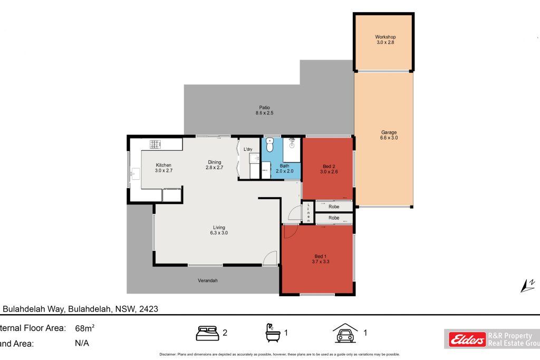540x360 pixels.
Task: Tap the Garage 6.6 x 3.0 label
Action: tap(389, 135)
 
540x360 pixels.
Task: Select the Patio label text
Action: tap(264, 110)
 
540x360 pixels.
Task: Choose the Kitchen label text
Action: tap(163, 168)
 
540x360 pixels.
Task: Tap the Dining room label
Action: tap(214, 164)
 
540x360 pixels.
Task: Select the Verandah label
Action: tap(208, 280)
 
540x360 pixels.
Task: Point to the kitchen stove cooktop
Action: tap(155, 143)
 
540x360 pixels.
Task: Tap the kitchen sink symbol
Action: tap(134, 172)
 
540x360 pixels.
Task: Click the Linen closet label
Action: tap(308, 212)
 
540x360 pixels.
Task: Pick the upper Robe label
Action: tap(333, 207)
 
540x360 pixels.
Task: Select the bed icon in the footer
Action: tap(207, 333)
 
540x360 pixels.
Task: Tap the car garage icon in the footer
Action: tap(345, 333)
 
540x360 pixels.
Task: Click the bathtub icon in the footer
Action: tap(274, 333)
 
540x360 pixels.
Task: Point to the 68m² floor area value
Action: tap(84, 328)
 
